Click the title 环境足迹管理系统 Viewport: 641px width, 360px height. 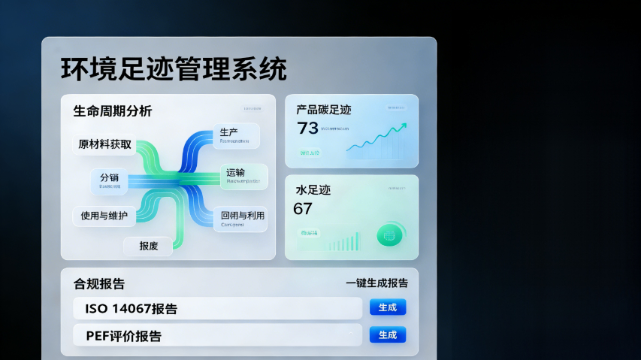coord(174,69)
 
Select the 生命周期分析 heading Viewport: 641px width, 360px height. coord(112,111)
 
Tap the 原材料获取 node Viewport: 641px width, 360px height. coord(104,144)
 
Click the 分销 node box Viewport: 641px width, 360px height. coord(110,180)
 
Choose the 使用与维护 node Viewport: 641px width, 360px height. coord(104,216)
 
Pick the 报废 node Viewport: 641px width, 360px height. coord(148,246)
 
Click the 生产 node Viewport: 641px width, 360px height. coord(236,136)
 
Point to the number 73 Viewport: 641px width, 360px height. coord(308,129)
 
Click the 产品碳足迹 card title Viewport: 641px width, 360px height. coord(324,110)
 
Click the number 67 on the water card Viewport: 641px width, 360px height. coord(303,209)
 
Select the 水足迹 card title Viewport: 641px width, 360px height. coord(313,190)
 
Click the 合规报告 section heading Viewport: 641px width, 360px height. coord(99,284)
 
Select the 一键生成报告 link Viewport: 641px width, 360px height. coord(376,283)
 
